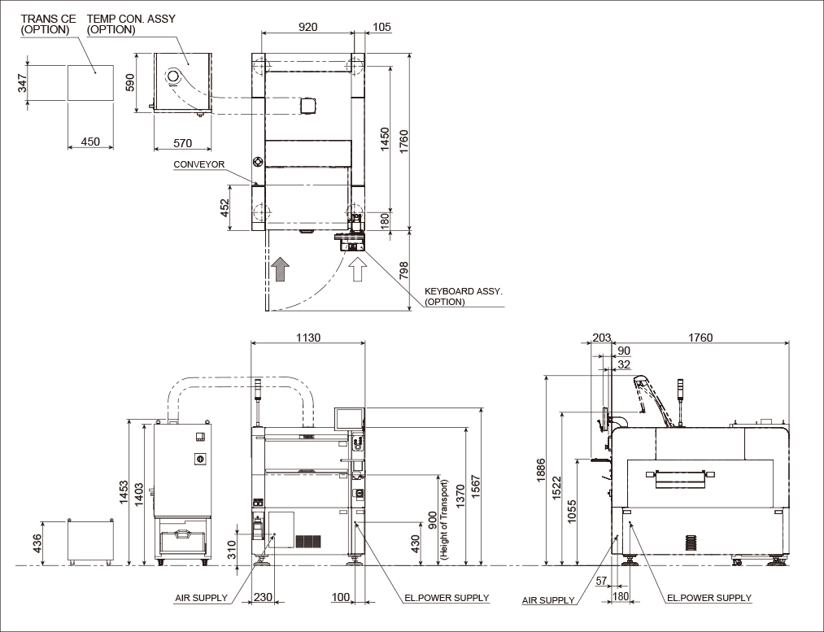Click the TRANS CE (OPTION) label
point(48,24)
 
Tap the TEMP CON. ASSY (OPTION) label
point(131,24)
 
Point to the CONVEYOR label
point(199,164)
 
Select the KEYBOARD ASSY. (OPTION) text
point(464,296)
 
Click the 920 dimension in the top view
point(308,27)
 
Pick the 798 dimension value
point(403,271)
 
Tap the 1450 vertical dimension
point(385,139)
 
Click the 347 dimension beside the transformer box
point(23,83)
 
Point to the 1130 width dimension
point(308,338)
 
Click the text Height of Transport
point(446,520)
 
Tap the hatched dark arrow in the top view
point(281,269)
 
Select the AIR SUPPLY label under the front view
point(201,598)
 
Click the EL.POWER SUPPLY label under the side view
point(709,598)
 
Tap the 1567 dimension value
point(476,487)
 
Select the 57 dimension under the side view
point(601,581)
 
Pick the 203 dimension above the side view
point(602,338)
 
